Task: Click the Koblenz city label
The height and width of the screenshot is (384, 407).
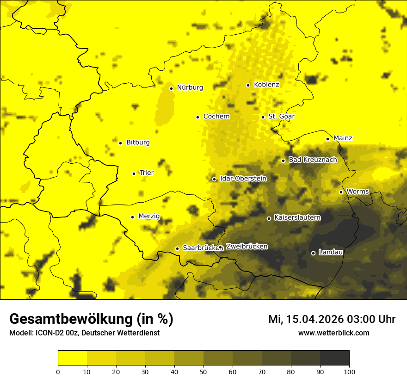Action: [x=266, y=85]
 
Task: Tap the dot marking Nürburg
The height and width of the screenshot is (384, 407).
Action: [x=171, y=88]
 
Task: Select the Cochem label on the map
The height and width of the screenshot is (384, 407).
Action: [x=216, y=117]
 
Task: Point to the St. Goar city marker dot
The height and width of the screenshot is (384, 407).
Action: [x=263, y=117]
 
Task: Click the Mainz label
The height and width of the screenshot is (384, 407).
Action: [x=343, y=138]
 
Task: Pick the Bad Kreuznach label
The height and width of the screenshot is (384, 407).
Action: [x=313, y=160]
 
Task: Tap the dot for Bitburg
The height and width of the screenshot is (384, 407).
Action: [x=120, y=143]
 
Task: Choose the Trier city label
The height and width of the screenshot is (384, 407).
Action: [x=147, y=173]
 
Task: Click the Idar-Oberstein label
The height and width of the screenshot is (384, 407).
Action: [x=243, y=179]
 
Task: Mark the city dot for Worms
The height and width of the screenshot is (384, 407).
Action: [x=341, y=192]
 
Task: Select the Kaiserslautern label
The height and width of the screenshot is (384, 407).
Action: [x=297, y=217]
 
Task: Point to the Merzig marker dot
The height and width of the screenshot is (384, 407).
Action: [x=132, y=217]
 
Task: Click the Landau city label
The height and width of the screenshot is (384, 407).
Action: [x=331, y=253]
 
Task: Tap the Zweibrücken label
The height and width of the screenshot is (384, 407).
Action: [x=247, y=247]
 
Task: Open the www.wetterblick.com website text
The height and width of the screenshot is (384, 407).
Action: [x=334, y=333]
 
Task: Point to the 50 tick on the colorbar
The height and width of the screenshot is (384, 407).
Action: [x=203, y=371]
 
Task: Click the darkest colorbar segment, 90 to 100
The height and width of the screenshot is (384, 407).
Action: [x=334, y=358]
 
